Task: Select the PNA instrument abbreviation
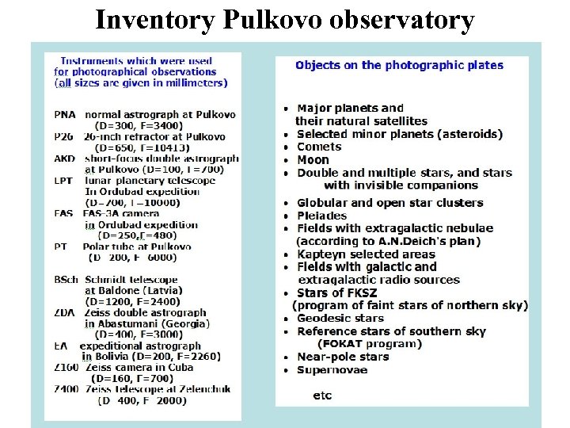[x=66, y=115]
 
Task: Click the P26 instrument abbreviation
[x=64, y=137]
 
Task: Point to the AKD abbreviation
[x=65, y=159]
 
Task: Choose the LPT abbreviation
[x=64, y=180]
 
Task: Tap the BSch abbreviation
[x=66, y=280]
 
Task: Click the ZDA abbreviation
[x=65, y=313]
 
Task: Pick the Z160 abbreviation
[x=66, y=368]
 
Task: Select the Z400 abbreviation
[x=66, y=390]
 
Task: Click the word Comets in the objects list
[x=319, y=147]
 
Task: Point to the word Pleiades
[x=322, y=216]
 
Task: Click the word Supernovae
[x=332, y=370]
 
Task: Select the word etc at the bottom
[x=322, y=395]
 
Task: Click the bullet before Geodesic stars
[x=286, y=319]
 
